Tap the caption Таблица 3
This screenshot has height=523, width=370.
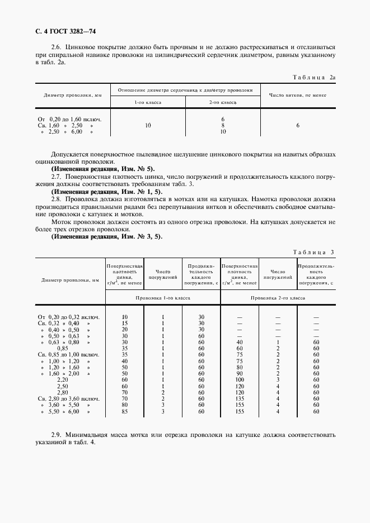(x=313, y=252)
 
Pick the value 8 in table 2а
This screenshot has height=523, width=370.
(x=222, y=126)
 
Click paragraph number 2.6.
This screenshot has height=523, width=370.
(x=57, y=47)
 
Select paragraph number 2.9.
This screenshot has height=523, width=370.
(x=57, y=434)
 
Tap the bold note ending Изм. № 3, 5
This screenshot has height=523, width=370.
(x=106, y=236)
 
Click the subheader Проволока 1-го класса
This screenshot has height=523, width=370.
(x=163, y=298)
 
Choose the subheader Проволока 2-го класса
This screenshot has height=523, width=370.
(x=278, y=298)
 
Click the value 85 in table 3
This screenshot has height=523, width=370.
(x=125, y=412)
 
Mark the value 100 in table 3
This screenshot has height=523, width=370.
(x=239, y=380)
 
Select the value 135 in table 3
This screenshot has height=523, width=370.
(x=239, y=399)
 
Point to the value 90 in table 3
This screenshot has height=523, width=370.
(x=239, y=374)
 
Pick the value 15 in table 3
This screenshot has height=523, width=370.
(x=125, y=323)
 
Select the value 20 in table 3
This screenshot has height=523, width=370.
(x=125, y=329)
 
